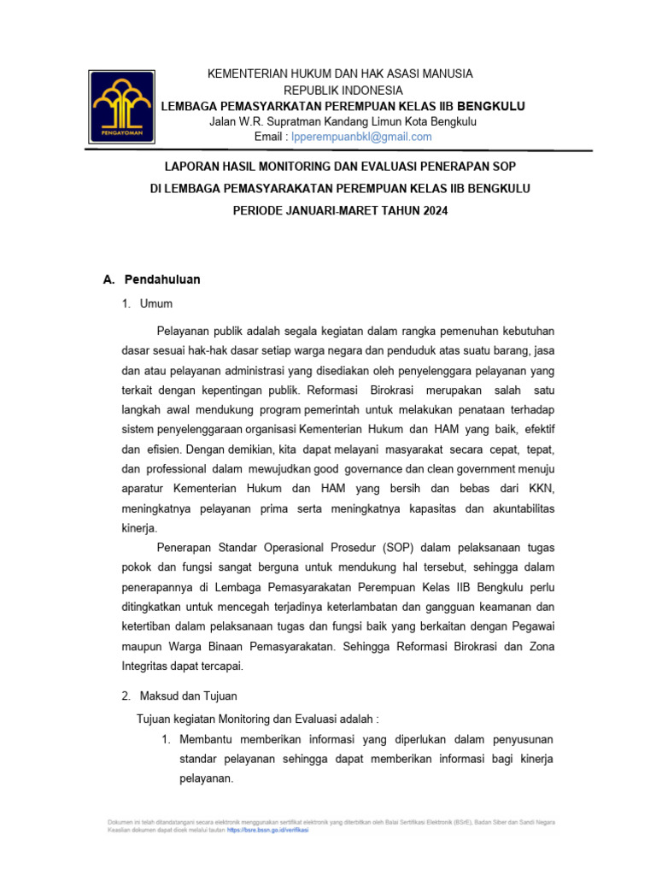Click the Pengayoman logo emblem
124,106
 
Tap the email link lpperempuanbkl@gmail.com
361,137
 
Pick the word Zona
541,647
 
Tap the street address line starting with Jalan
343,121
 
